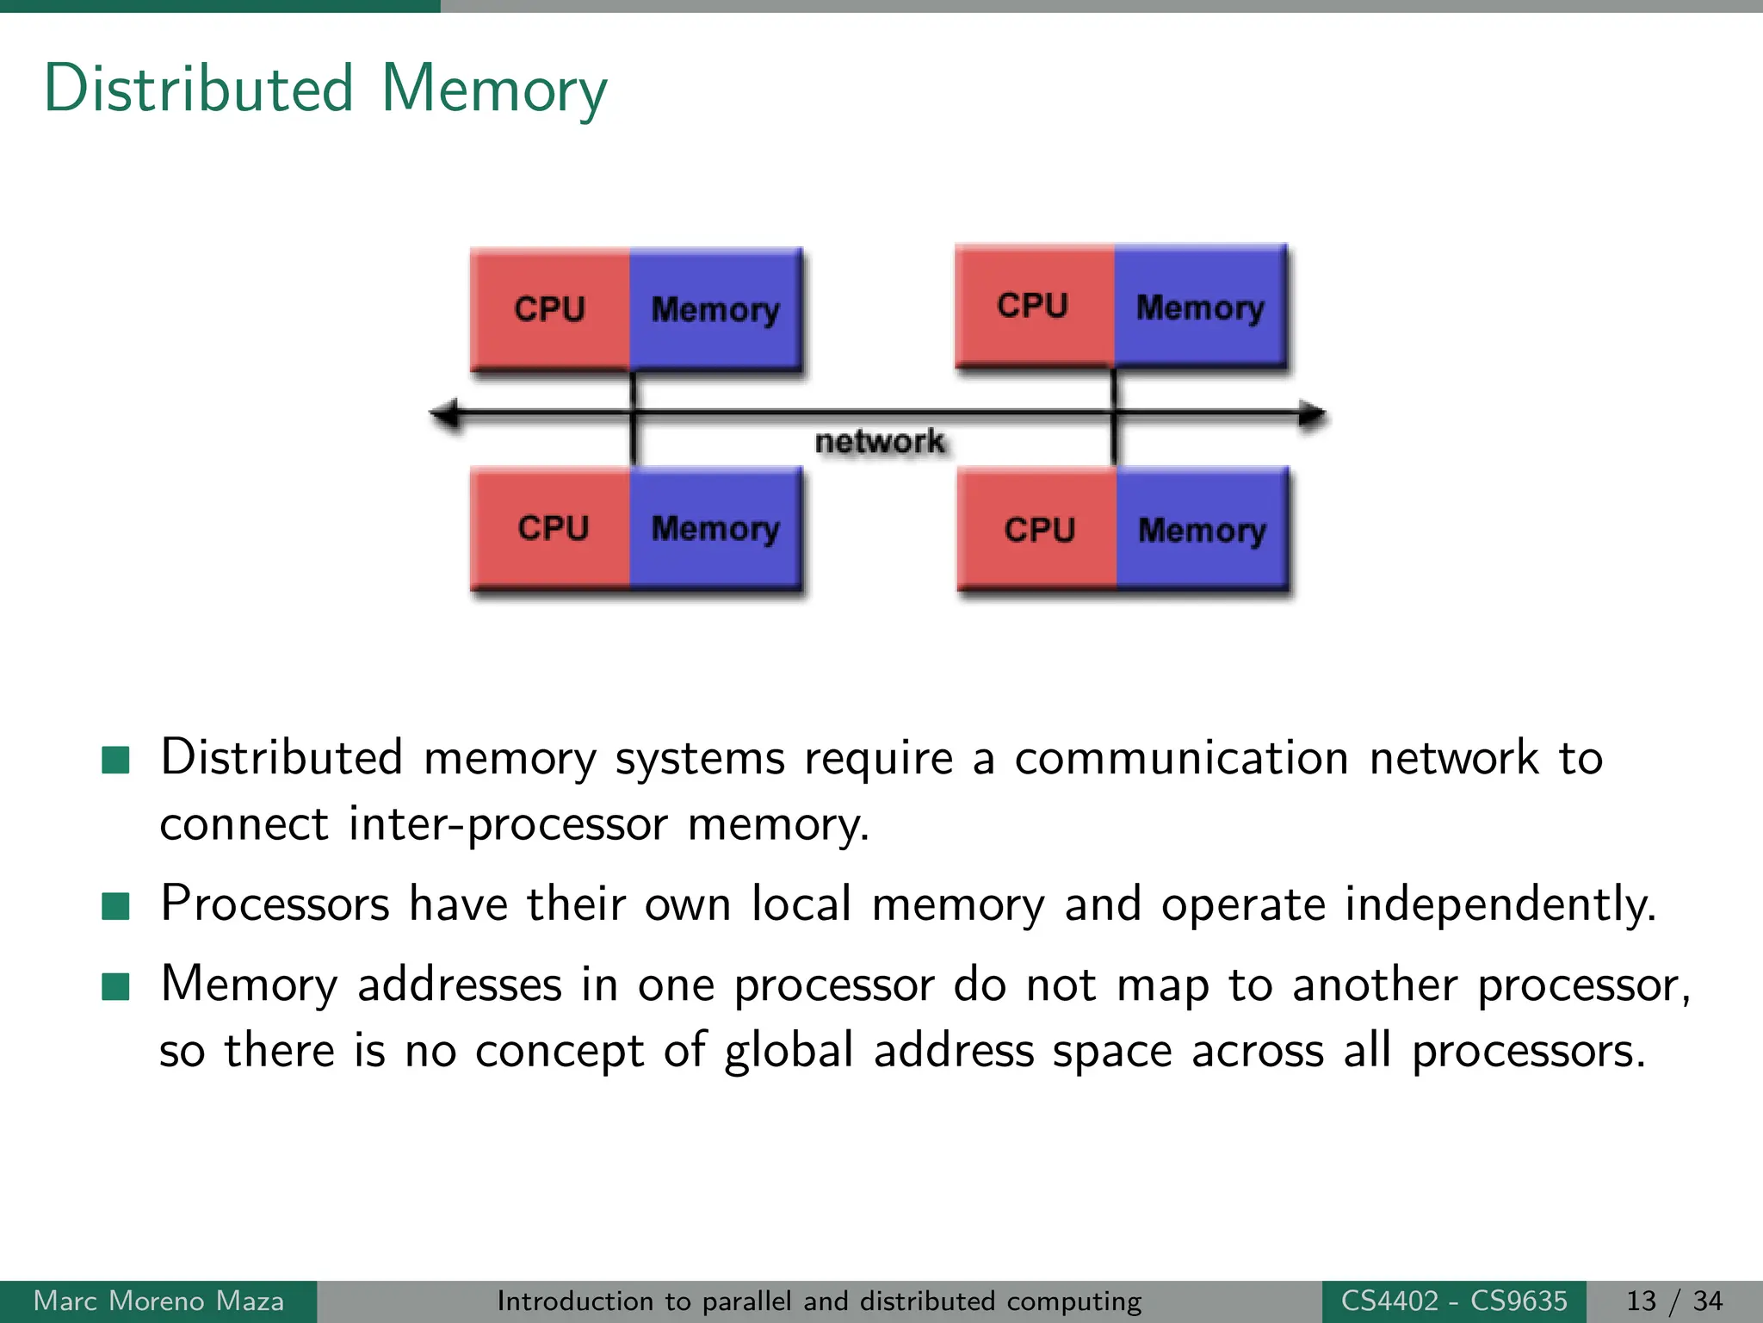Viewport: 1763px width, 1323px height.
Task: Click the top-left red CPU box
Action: click(550, 308)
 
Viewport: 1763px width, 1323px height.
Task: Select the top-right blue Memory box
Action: click(1200, 307)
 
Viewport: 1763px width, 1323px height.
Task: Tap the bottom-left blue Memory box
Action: click(715, 528)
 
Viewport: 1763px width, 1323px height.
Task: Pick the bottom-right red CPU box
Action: click(1038, 529)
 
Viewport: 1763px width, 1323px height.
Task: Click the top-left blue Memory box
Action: click(715, 308)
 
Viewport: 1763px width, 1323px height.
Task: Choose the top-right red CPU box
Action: click(1034, 305)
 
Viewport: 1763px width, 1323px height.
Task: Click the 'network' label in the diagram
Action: click(879, 441)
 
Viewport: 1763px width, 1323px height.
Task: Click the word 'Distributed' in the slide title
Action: click(199, 89)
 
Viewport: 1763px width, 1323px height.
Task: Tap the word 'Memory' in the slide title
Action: click(494, 89)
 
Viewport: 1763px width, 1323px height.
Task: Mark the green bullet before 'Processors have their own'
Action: click(115, 906)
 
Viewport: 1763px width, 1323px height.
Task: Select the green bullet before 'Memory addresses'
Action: click(115, 986)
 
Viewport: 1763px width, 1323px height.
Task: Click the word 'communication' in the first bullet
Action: click(1181, 759)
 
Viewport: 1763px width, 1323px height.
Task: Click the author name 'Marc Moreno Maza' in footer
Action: click(158, 1301)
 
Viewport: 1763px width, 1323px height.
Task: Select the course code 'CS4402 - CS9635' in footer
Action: click(1454, 1301)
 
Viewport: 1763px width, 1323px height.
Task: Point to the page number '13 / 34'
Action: click(1673, 1301)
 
